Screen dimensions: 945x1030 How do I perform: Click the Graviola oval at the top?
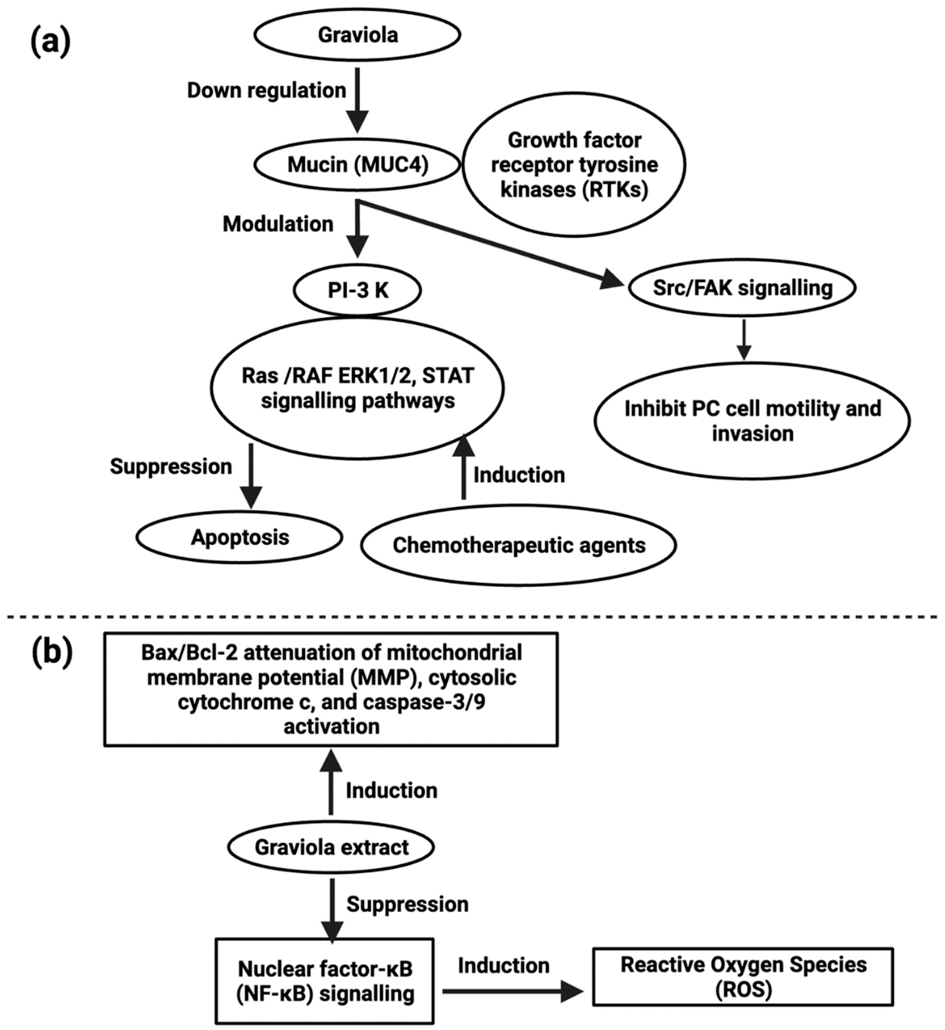tap(357, 35)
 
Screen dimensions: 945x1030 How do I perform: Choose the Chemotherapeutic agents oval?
tap(519, 545)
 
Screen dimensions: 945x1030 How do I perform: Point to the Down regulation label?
tap(266, 90)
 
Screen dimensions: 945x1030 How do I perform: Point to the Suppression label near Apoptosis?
tap(171, 467)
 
